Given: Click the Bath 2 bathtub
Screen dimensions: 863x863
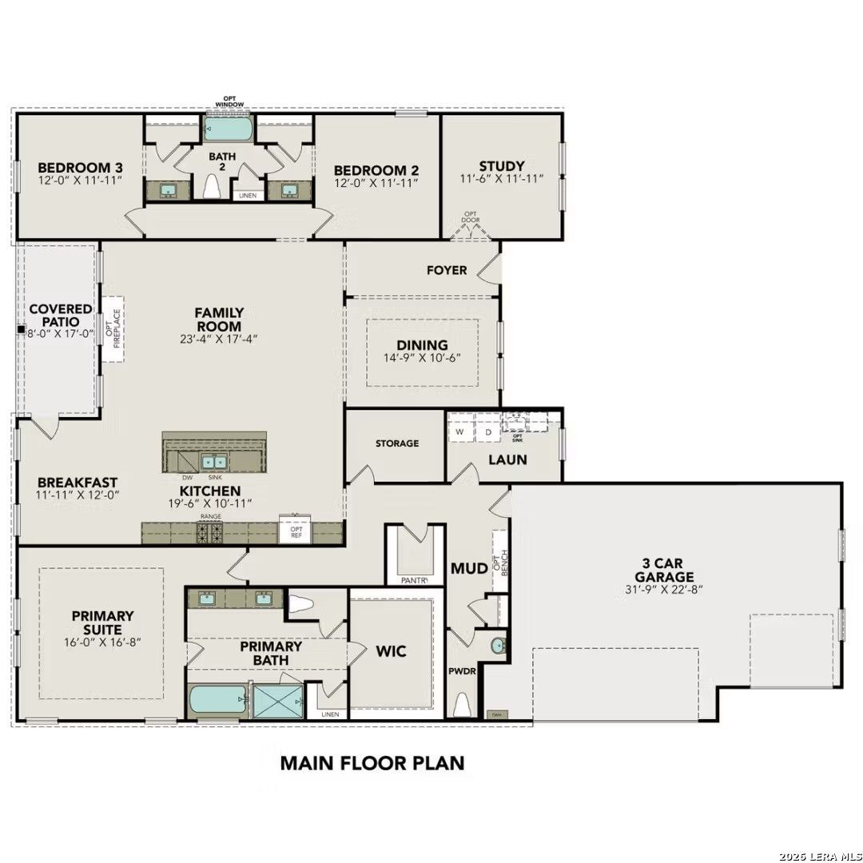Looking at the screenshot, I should point(229,129).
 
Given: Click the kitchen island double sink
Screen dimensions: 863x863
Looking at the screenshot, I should point(213,462).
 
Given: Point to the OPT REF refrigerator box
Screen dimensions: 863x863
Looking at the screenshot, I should point(295,531).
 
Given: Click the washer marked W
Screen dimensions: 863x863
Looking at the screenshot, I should point(459,432).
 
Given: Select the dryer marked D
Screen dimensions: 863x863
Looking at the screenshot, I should point(488,432).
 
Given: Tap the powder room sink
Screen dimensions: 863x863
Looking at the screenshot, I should point(499,646).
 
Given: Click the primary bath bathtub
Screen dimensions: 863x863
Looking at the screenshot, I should point(217,702).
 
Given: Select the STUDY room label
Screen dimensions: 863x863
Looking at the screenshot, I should point(501,166).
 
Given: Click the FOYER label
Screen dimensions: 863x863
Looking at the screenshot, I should point(447,270).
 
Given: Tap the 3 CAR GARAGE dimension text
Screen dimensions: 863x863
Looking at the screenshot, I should point(663,591).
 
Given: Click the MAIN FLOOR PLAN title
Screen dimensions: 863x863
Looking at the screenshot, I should point(372,762).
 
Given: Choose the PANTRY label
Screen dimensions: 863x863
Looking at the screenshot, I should point(414,580).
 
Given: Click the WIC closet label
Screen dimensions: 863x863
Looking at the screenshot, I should point(392,651).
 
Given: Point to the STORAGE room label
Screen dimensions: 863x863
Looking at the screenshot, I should point(397,443).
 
